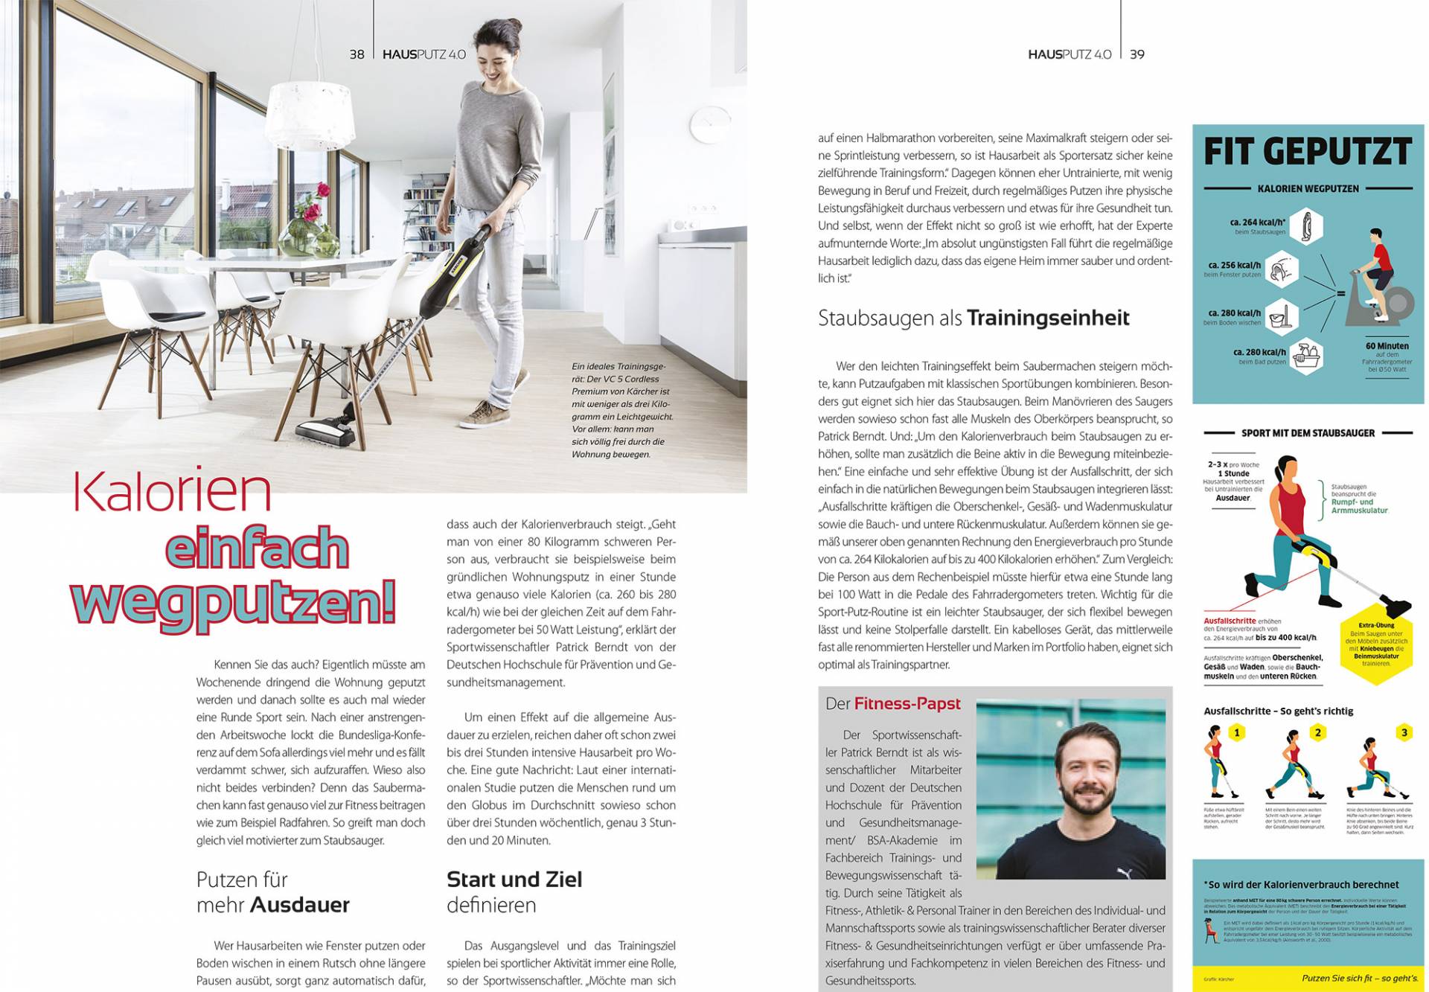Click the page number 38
pyautogui.click(x=357, y=54)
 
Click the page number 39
pyautogui.click(x=1137, y=54)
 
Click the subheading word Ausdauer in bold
pyautogui.click(x=300, y=905)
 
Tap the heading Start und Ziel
pyautogui.click(x=514, y=879)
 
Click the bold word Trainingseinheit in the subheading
pyautogui.click(x=1048, y=319)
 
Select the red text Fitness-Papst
pyautogui.click(x=907, y=703)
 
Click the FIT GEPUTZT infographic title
pyautogui.click(x=1308, y=152)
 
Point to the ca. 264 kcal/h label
pyautogui.click(x=1258, y=222)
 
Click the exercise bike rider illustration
pyautogui.click(x=1379, y=279)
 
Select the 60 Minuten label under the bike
pyautogui.click(x=1387, y=346)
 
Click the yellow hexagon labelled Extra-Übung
pyautogui.click(x=1376, y=644)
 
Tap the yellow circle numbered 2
pyautogui.click(x=1317, y=733)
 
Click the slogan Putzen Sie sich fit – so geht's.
pyautogui.click(x=1360, y=978)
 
